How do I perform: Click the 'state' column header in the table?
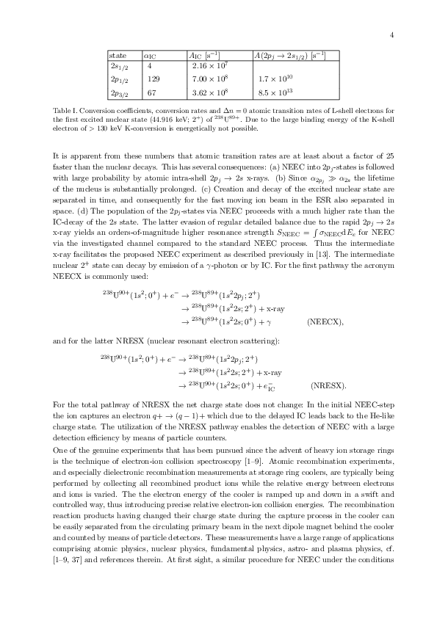[117, 55]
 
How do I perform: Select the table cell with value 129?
[154, 79]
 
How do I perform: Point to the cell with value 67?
[151, 92]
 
